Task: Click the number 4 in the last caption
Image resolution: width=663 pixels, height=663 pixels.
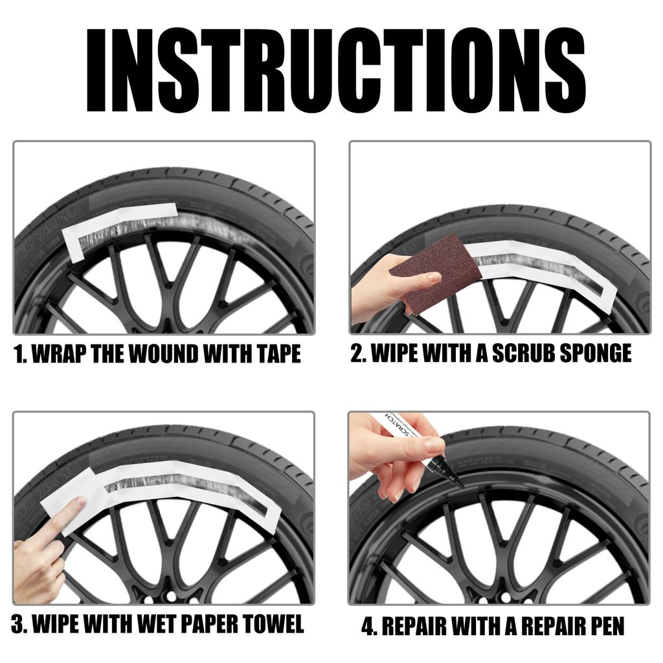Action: pos(367,626)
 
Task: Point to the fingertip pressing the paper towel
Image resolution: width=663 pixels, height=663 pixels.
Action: pos(79,502)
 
